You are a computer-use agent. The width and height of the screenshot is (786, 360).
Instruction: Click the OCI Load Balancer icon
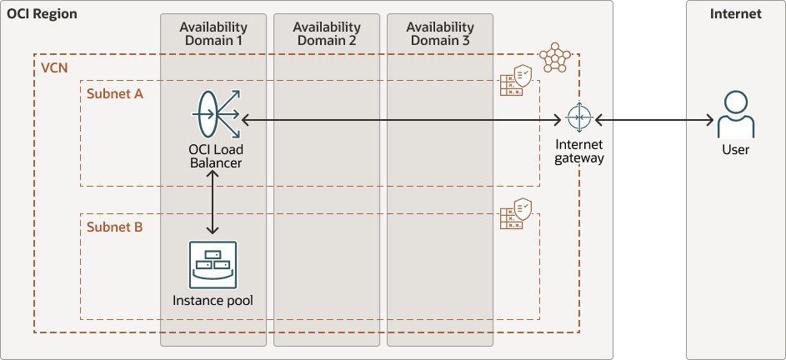click(x=217, y=114)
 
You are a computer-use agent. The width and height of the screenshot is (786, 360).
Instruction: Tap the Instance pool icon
click(x=213, y=265)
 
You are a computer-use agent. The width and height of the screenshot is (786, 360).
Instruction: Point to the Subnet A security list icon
click(x=516, y=80)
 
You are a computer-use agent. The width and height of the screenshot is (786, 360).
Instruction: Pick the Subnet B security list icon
click(x=516, y=213)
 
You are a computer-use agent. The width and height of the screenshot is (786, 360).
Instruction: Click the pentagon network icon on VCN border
click(x=555, y=57)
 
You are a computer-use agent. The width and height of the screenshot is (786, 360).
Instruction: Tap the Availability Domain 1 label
click(x=213, y=33)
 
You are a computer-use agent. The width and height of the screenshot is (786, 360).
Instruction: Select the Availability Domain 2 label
click(x=327, y=33)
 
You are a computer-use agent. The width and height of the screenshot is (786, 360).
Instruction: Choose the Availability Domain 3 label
click(x=440, y=33)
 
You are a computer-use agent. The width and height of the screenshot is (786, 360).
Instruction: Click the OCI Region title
click(x=43, y=14)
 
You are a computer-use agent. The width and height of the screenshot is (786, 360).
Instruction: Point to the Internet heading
click(x=736, y=14)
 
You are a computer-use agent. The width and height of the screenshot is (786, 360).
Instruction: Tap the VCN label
click(x=53, y=68)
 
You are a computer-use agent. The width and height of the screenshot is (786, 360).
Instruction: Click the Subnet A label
click(x=115, y=94)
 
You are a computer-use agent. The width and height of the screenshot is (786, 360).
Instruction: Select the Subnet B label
click(x=115, y=227)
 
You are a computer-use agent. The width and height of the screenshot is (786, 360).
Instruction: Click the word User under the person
click(x=736, y=149)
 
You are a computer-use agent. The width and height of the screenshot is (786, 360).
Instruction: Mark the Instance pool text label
click(x=213, y=300)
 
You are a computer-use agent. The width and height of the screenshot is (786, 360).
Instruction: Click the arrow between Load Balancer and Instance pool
click(x=213, y=202)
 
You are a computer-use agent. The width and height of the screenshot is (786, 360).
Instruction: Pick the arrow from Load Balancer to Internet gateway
click(x=401, y=120)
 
